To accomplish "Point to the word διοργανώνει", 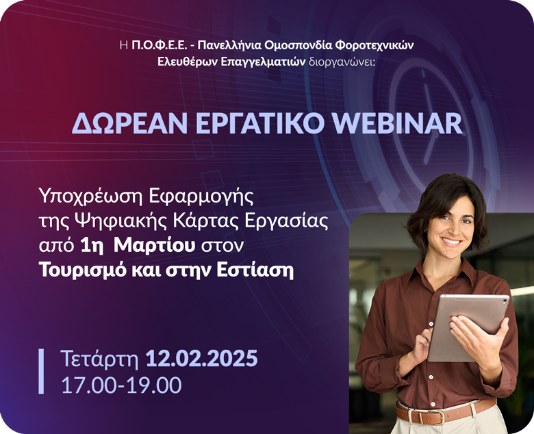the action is pyautogui.click(x=342, y=62).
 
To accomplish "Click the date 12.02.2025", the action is pyautogui.click(x=201, y=358).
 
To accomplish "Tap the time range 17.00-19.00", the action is pyautogui.click(x=121, y=385).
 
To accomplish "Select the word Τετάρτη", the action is pyautogui.click(x=100, y=359).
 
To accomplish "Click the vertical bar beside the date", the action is pyautogui.click(x=41, y=371).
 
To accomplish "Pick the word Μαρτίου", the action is pyautogui.click(x=154, y=246).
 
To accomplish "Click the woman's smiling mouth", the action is pyautogui.click(x=451, y=243).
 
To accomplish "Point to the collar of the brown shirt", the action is pyautogui.click(x=443, y=269).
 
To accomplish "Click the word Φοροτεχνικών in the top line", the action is pyautogui.click(x=374, y=45).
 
